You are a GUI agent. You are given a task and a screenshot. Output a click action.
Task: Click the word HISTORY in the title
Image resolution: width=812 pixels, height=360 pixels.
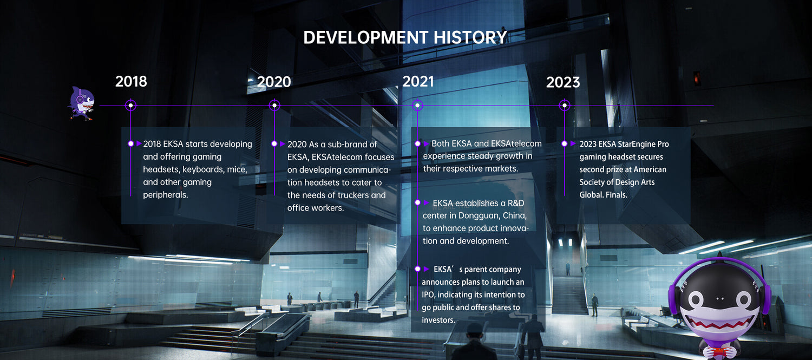[x=470, y=37]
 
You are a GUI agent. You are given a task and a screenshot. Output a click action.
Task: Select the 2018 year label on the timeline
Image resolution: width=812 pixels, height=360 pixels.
[x=131, y=82]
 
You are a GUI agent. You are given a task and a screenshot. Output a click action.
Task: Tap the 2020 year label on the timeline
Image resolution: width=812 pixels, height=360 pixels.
[x=274, y=82]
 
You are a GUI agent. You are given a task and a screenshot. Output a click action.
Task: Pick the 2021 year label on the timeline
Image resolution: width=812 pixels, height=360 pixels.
[x=418, y=82]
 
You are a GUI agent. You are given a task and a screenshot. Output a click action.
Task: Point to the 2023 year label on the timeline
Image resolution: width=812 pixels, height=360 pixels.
[x=563, y=82]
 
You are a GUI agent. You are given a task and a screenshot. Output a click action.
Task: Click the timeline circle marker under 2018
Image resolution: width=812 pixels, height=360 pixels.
[x=130, y=106]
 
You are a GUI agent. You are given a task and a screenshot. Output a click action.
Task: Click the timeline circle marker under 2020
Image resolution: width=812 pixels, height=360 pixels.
[x=274, y=106]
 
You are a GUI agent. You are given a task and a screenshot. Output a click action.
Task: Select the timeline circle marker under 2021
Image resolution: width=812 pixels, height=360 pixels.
[x=417, y=106]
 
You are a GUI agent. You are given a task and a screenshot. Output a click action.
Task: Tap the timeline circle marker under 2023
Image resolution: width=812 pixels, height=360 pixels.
[x=565, y=106]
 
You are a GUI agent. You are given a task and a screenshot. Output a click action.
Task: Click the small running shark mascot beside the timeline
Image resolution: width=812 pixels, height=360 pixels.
[x=82, y=104]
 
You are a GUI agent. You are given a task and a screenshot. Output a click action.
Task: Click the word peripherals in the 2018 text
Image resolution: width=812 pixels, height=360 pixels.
[x=165, y=195]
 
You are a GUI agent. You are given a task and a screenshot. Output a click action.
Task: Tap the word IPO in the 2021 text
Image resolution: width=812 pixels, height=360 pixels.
[x=428, y=294]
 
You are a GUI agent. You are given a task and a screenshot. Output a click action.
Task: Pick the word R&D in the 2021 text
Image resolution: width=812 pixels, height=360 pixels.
[x=516, y=203]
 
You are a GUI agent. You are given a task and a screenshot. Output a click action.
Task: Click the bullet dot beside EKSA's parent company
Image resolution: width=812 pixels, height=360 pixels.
[x=417, y=269]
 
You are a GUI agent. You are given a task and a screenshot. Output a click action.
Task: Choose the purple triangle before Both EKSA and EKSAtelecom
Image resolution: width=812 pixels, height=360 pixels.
[x=427, y=144]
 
